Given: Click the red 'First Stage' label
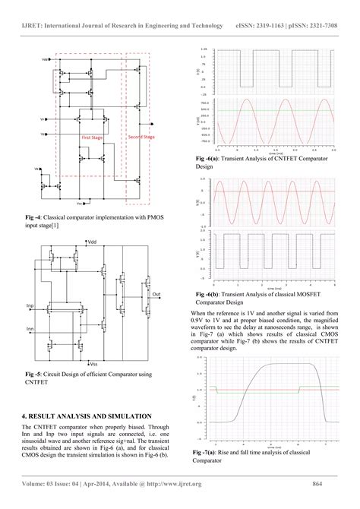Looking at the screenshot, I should tap(93, 138).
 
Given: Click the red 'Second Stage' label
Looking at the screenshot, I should tap(141, 137).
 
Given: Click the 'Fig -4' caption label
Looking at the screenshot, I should tap(33, 216).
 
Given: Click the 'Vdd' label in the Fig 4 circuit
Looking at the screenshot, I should tap(46, 58).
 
